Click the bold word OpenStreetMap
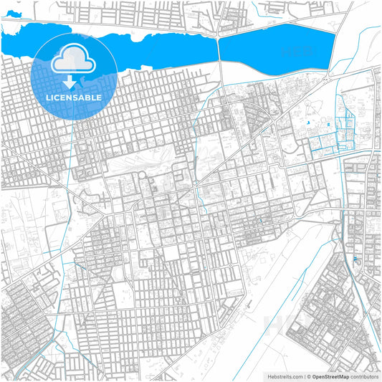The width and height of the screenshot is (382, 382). [x=330, y=376]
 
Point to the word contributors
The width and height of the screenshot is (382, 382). [x=363, y=376]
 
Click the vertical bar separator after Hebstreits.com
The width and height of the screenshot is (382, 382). [x=304, y=376]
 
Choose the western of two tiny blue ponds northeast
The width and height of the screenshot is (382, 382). [x=308, y=126]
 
